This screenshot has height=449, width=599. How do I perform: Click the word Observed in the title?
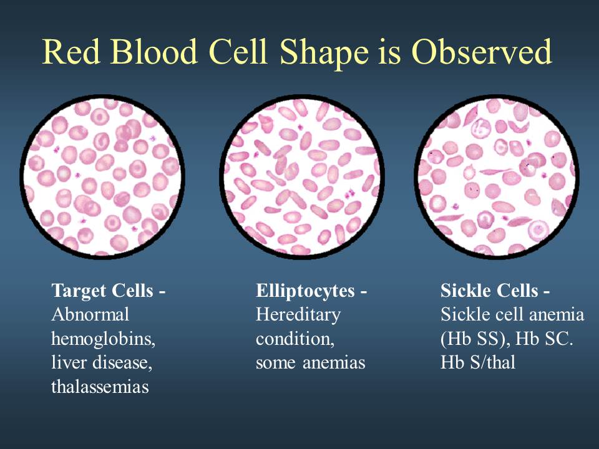(482, 52)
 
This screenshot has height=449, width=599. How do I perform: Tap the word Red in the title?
(71, 52)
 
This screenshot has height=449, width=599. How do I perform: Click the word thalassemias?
(100, 387)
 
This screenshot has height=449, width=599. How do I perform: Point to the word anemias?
(334, 363)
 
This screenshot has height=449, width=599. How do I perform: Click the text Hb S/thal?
(477, 362)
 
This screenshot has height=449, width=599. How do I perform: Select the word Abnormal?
(90, 314)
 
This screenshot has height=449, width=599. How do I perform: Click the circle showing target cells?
(102, 176)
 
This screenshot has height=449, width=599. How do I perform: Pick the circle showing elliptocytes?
(302, 176)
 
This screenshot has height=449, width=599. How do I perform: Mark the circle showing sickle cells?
(497, 176)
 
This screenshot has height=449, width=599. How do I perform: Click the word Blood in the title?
(154, 52)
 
